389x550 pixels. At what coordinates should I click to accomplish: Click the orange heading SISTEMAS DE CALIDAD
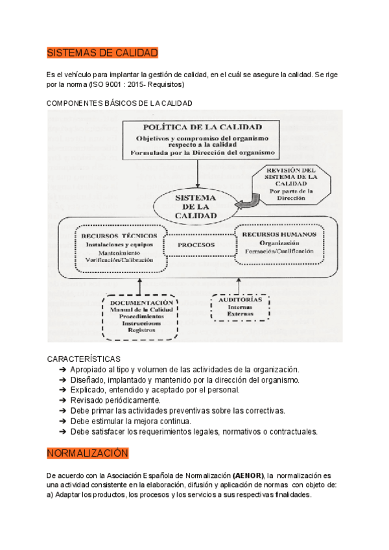tap(102, 53)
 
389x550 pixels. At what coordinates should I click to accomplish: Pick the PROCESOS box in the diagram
tap(196, 245)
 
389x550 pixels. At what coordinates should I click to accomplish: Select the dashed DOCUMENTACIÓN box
tap(141, 316)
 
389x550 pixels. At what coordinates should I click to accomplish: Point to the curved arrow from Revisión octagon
tap(246, 204)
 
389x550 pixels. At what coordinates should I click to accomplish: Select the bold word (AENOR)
tap(246, 475)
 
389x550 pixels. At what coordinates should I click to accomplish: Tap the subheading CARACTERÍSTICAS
tap(84, 359)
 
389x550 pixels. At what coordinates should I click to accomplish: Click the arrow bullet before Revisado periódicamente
tap(63, 400)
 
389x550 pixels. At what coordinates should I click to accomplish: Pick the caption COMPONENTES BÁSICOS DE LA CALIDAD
tap(120, 103)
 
